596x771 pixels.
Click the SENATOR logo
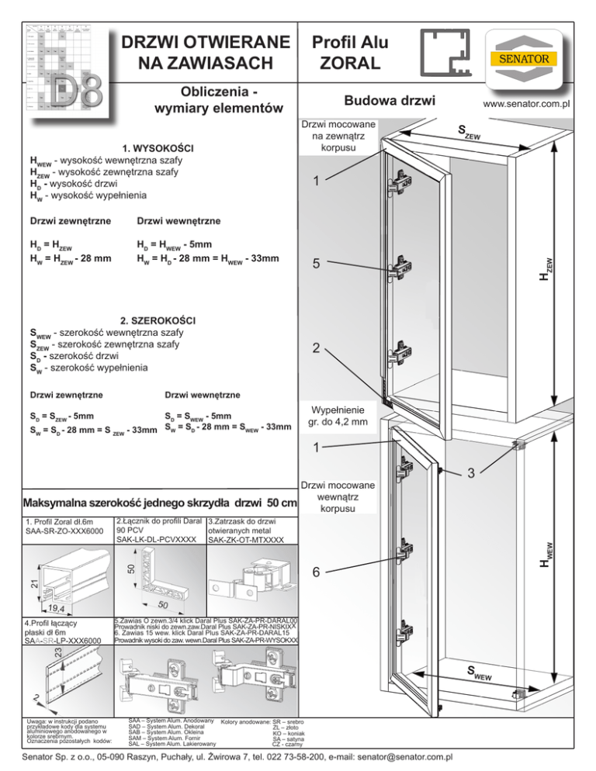(x=530, y=59)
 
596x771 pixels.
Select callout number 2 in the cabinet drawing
(x=314, y=348)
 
